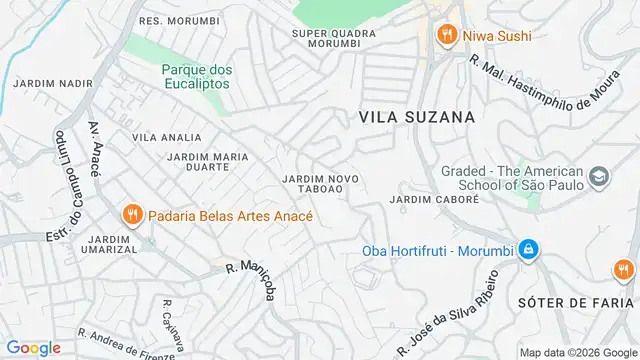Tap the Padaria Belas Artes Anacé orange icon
[x=131, y=214]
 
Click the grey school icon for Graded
[x=599, y=177]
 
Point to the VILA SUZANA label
[x=416, y=117]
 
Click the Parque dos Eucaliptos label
[x=196, y=76]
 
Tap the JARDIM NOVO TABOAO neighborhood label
[x=321, y=184]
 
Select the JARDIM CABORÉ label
[x=435, y=199]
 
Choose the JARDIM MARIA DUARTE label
[x=208, y=163]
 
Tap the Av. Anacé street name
[x=95, y=150]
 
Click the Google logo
[x=33, y=347]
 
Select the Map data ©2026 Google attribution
[x=576, y=351]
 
